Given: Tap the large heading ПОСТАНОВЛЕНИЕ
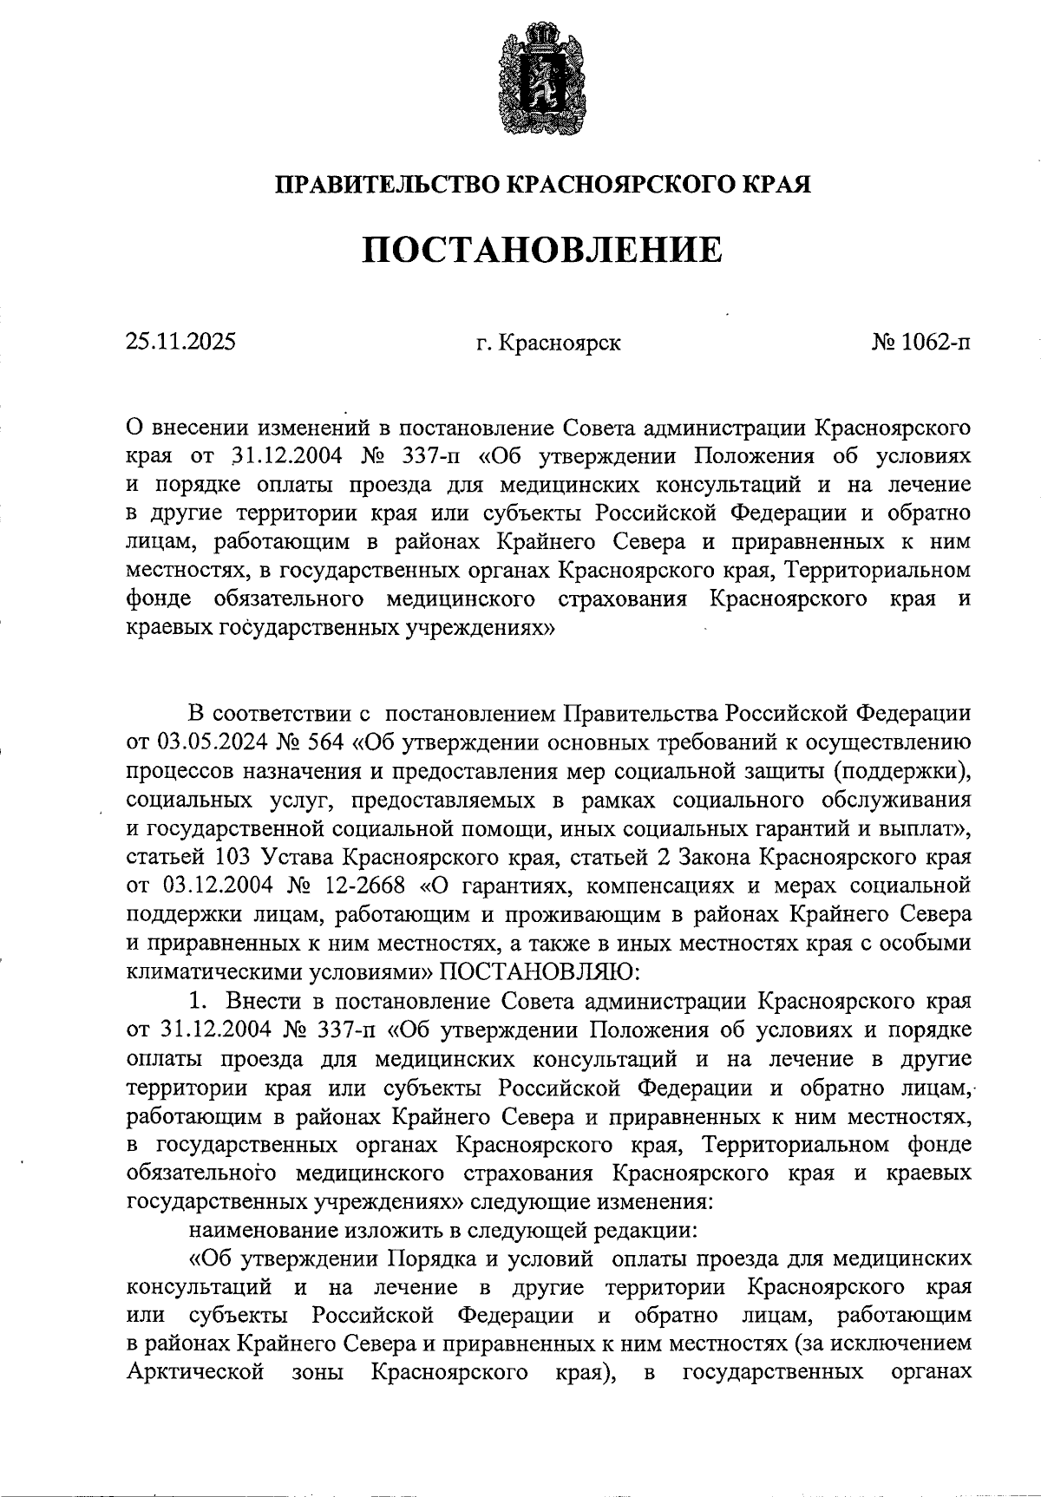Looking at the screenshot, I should pos(541,250).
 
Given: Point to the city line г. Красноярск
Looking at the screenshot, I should pos(548,343).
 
